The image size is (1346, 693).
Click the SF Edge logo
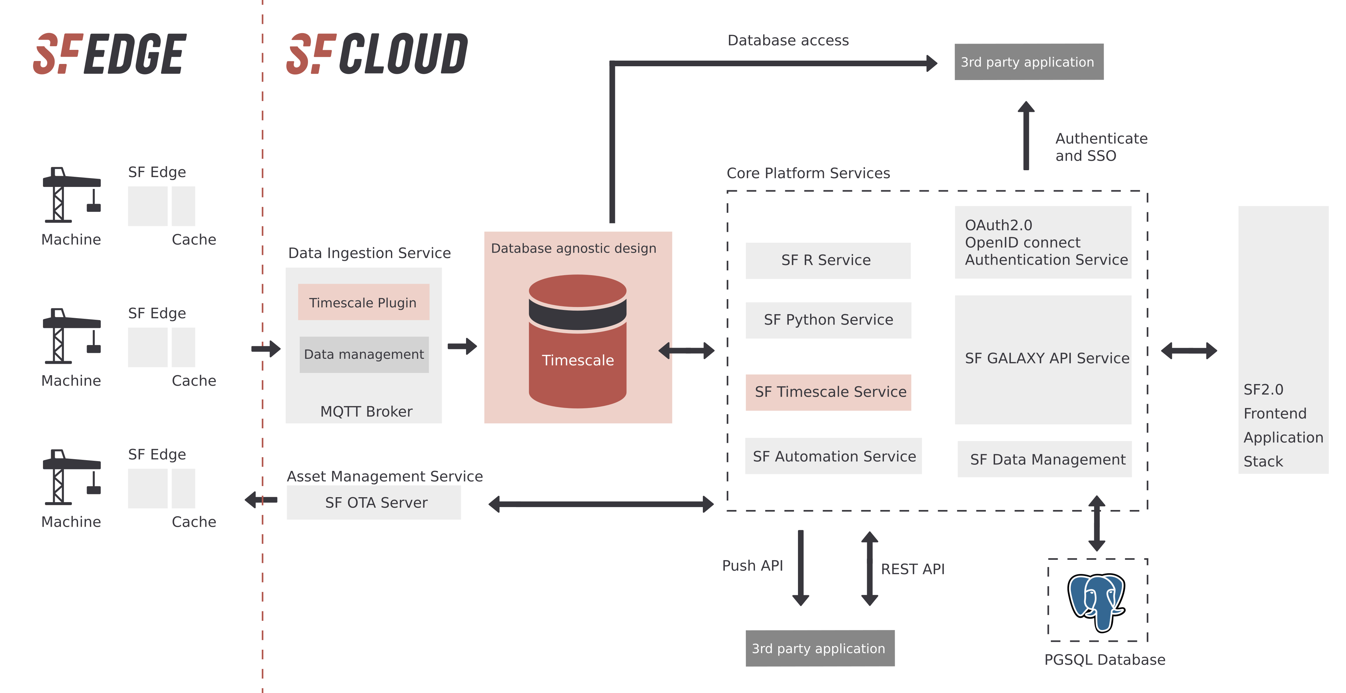[110, 54]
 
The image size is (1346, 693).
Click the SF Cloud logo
[377, 54]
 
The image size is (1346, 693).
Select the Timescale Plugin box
[363, 302]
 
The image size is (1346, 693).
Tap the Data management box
[364, 354]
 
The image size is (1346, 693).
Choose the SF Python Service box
[828, 320]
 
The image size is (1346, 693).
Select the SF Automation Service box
[833, 456]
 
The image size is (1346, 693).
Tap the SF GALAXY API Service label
[1047, 358]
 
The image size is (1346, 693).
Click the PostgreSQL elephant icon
[1096, 602]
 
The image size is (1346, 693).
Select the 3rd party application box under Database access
[1028, 62]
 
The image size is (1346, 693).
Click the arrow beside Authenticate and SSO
[1026, 136]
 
